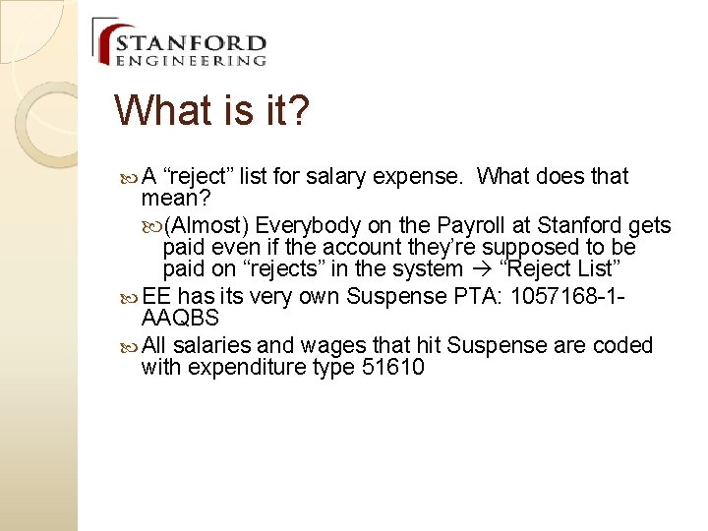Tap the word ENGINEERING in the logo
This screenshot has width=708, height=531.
point(191,61)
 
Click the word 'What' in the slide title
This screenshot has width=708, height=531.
point(166,110)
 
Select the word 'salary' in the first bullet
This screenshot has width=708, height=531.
point(335,177)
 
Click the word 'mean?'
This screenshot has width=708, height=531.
point(173,199)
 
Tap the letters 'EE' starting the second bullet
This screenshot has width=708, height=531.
point(157,296)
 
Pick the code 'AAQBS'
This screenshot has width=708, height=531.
point(180,318)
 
